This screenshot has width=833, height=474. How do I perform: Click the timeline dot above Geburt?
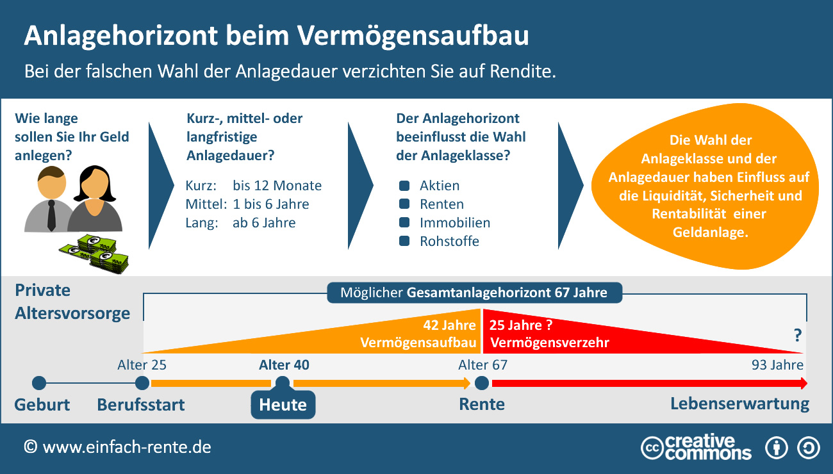click(39, 383)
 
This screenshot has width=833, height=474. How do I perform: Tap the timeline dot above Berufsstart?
click(142, 383)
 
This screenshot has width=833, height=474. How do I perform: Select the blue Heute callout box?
click(283, 405)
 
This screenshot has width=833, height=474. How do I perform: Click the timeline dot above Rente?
click(482, 383)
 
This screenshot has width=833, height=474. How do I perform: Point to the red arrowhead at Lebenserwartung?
click(803, 383)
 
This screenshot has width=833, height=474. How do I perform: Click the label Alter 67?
click(482, 365)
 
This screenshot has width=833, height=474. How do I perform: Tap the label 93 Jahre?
click(777, 365)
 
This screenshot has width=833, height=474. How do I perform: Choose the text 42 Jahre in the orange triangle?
click(450, 325)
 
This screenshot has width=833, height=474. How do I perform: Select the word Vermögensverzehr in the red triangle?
click(550, 343)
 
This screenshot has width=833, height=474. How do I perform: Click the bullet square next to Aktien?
click(404, 186)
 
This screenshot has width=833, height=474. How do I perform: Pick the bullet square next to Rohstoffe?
click(404, 241)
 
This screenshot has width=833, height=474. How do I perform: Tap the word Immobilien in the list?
click(455, 223)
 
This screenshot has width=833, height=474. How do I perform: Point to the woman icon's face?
click(94, 185)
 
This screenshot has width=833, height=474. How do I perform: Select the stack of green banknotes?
click(96, 252)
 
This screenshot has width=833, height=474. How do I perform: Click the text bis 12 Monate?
click(277, 186)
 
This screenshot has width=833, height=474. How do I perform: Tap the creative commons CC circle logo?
click(652, 447)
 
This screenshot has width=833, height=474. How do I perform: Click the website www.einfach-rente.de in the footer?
click(126, 447)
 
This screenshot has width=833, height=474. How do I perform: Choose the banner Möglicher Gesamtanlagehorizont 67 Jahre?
click(474, 293)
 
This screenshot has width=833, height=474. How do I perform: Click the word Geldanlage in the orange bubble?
click(711, 233)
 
